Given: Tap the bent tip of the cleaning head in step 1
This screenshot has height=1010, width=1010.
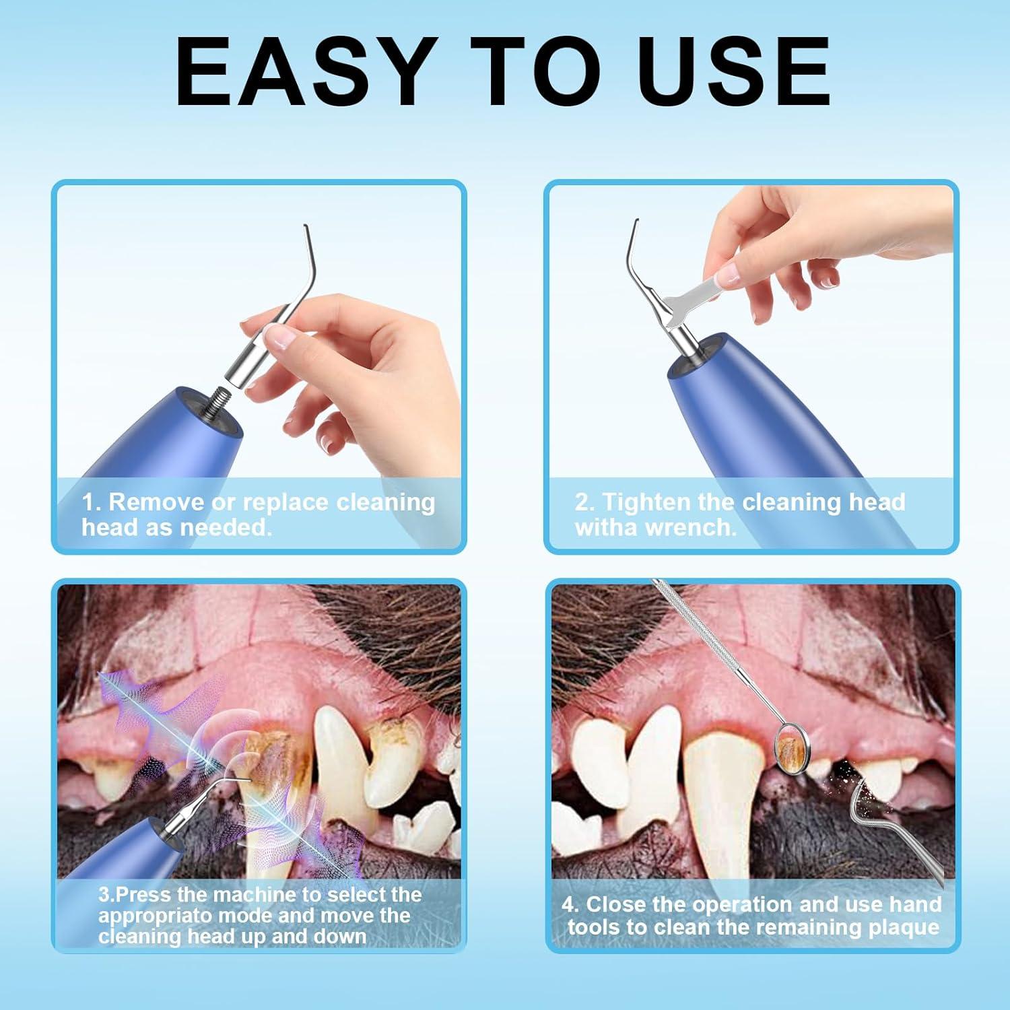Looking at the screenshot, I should (308, 242).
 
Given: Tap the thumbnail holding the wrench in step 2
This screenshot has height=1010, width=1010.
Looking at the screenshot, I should (725, 273).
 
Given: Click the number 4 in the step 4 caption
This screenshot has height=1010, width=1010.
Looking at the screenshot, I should (569, 904).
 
